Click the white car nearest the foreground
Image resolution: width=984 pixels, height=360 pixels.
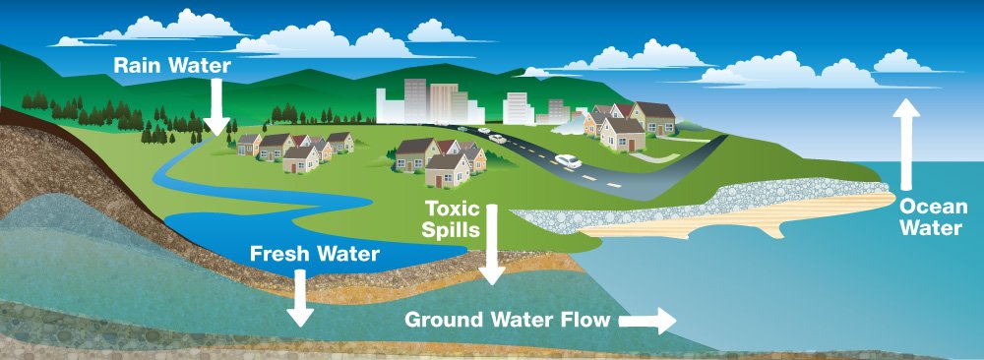[x=568, y=160]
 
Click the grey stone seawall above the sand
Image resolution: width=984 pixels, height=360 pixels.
[x=689, y=198]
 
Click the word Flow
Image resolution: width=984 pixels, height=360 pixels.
[x=584, y=321]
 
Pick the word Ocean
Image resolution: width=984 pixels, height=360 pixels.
[x=927, y=207]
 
